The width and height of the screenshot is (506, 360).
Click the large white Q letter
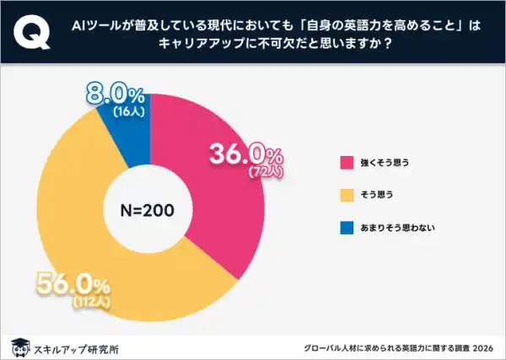[30, 31]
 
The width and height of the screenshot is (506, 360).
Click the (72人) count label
[270, 170]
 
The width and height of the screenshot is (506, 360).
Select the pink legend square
[346, 162]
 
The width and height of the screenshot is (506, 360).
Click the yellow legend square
[346, 194]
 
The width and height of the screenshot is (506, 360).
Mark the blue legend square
[346, 226]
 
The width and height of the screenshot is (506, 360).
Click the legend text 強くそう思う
[385, 162]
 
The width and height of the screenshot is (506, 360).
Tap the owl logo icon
[18, 347]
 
